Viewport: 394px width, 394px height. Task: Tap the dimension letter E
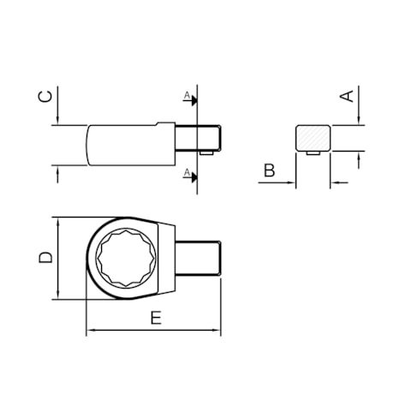(155, 318)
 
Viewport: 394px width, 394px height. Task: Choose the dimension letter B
(269, 170)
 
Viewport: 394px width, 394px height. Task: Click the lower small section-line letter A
(185, 172)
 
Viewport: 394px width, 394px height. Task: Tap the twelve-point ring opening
(125, 257)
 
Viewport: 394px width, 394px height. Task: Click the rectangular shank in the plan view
(202, 257)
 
